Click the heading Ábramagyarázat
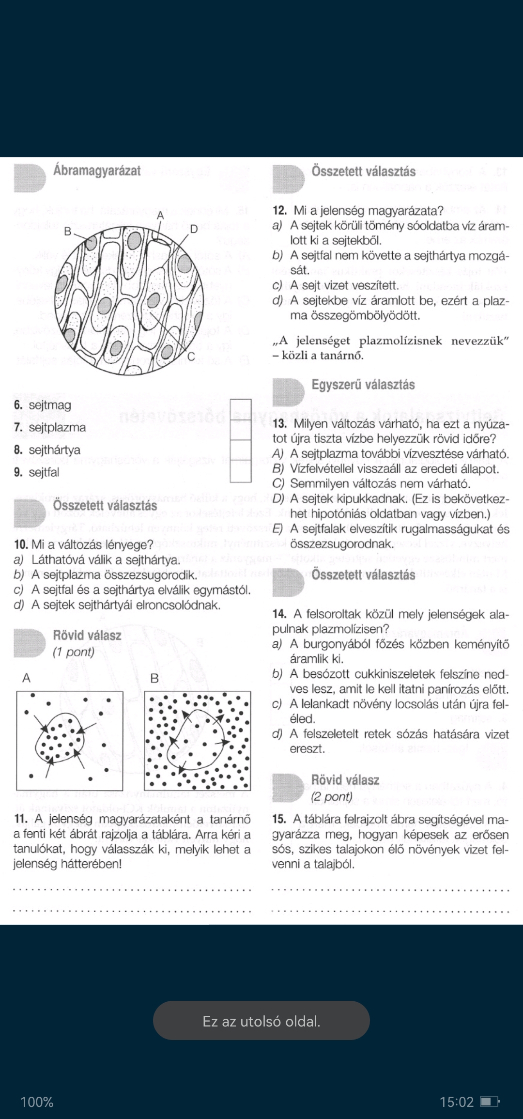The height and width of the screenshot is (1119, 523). [x=97, y=171]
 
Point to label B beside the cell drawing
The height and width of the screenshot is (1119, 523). [x=68, y=232]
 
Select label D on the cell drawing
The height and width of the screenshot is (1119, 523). [x=194, y=229]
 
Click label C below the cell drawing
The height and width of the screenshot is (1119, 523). [x=191, y=357]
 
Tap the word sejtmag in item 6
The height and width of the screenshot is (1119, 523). [x=50, y=405]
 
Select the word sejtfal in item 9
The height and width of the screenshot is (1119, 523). [x=44, y=472]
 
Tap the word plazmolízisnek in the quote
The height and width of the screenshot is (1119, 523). [x=400, y=341]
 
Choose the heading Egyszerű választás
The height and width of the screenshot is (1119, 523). [x=363, y=385]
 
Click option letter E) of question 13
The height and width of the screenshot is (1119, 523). [x=278, y=529]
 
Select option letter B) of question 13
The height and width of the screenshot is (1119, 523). [x=278, y=469]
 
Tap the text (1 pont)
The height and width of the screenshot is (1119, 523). [x=74, y=652]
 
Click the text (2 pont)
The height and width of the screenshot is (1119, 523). [x=332, y=797]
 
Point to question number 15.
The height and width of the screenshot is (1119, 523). [x=279, y=819]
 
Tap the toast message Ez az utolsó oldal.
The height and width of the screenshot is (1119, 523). [x=261, y=1021]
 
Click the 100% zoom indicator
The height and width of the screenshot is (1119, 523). [x=37, y=1102]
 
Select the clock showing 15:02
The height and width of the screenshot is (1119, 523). [x=456, y=1102]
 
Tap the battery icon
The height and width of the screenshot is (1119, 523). [x=489, y=1102]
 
